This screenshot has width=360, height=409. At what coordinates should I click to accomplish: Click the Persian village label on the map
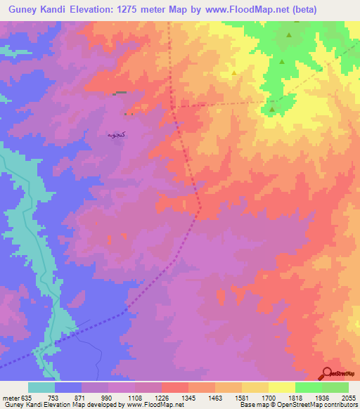(117, 134)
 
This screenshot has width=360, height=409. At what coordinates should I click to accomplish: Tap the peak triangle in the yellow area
(233, 72)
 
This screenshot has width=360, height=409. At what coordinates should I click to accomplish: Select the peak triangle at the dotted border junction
(272, 108)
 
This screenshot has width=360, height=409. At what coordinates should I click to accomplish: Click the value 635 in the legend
(27, 396)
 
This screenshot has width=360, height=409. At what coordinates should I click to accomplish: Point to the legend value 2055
(349, 396)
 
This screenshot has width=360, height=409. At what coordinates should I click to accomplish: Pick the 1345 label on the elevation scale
(188, 396)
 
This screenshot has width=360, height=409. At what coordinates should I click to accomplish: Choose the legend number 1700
(269, 396)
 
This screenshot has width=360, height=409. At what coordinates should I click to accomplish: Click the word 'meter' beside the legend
(10, 396)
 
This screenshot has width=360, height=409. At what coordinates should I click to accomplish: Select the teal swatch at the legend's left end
(41, 387)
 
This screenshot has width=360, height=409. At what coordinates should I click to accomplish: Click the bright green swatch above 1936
(308, 387)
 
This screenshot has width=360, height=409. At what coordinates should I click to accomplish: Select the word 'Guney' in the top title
(22, 10)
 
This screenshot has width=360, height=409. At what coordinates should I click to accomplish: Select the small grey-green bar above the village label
(121, 92)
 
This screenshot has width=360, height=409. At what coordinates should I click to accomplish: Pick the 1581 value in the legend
(242, 396)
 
